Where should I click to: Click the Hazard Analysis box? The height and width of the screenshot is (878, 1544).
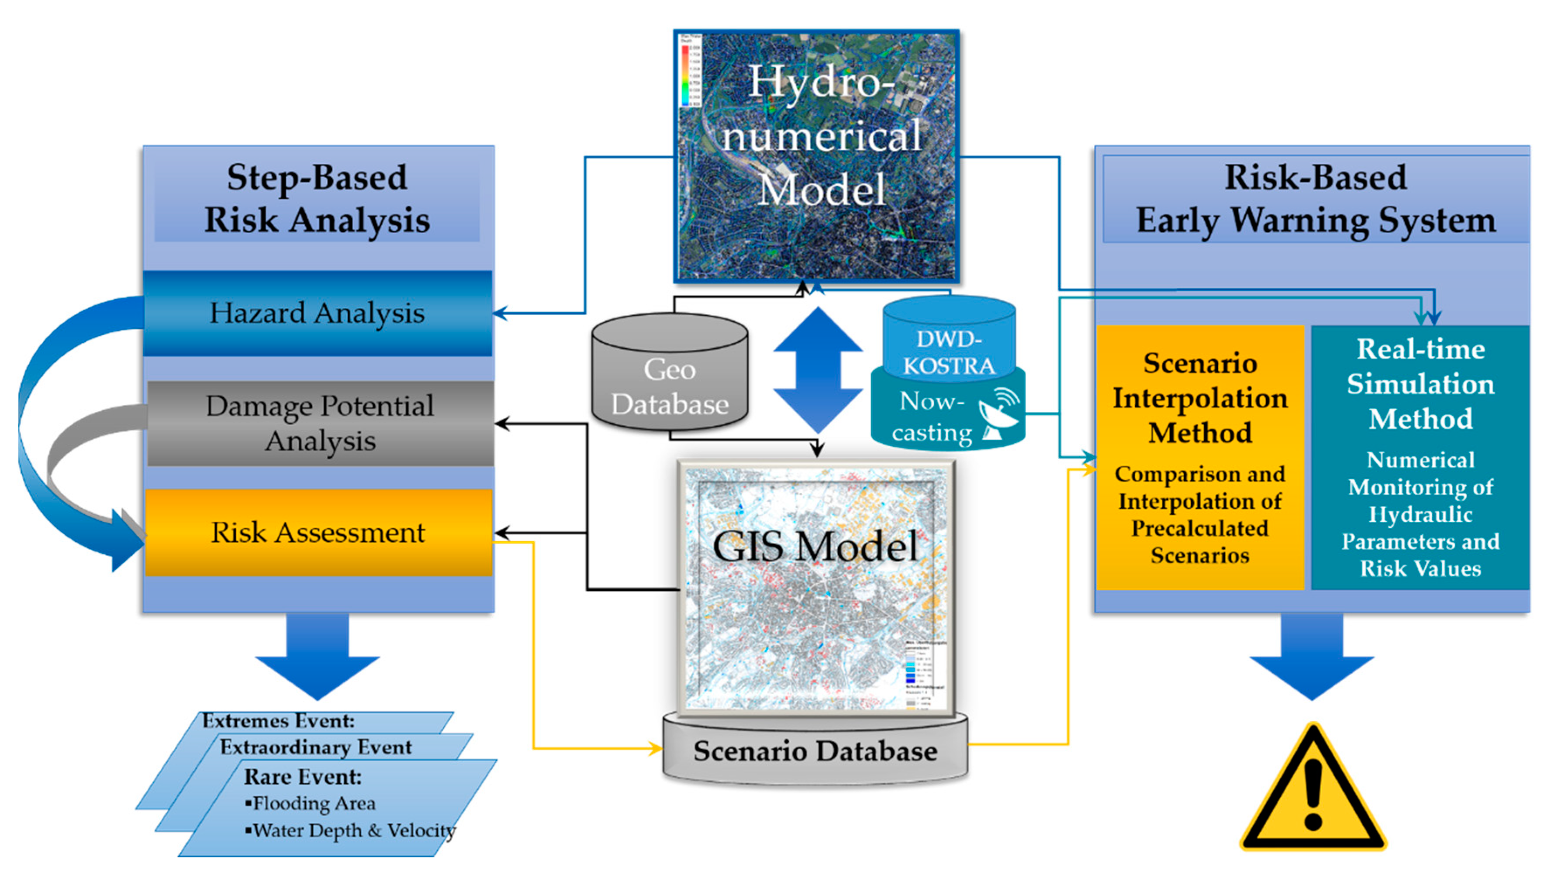point(317,313)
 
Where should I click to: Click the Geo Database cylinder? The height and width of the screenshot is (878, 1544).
point(670,386)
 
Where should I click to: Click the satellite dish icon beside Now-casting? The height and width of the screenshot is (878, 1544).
point(998,415)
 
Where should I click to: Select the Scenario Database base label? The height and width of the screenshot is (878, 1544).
point(815,751)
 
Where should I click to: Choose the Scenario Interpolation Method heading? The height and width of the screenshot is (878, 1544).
point(1200,398)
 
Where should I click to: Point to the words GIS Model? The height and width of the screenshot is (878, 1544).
point(815,546)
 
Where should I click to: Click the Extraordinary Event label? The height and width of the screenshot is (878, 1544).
point(315,747)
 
